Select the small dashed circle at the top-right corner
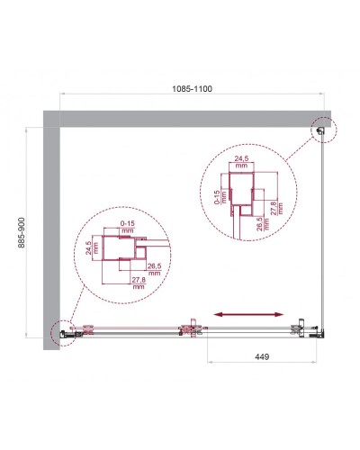coord(322,131)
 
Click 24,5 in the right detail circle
coord(241,163)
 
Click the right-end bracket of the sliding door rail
coord(303,330)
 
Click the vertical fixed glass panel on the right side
coord(325,234)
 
